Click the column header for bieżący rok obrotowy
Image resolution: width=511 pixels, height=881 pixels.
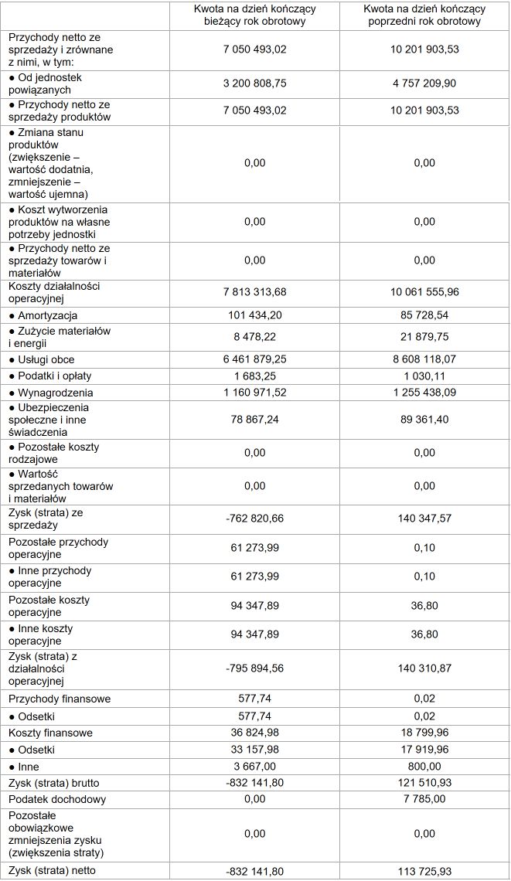coord(254,15)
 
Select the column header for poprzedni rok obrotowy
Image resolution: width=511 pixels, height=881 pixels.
coord(424,15)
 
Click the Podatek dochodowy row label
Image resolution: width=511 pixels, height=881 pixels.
coord(57,799)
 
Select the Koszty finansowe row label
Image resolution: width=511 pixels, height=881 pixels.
coord(51,732)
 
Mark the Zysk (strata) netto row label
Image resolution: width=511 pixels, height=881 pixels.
coord(57,871)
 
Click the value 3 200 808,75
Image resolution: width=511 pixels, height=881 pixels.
coord(254,83)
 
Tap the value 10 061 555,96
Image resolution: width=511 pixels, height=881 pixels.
coord(424,291)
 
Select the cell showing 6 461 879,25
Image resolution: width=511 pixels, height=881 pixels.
coord(254,359)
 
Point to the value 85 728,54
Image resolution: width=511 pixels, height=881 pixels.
coord(424,315)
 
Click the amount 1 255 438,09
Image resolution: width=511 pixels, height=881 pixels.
coord(424,393)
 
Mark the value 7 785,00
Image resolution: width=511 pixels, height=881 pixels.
coord(424,799)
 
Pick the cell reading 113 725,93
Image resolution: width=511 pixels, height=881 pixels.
coord(424,871)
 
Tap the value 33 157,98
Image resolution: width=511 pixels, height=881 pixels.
coord(254,750)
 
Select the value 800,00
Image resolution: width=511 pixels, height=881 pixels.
coord(424,767)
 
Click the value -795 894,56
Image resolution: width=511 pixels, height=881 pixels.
coord(254,668)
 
